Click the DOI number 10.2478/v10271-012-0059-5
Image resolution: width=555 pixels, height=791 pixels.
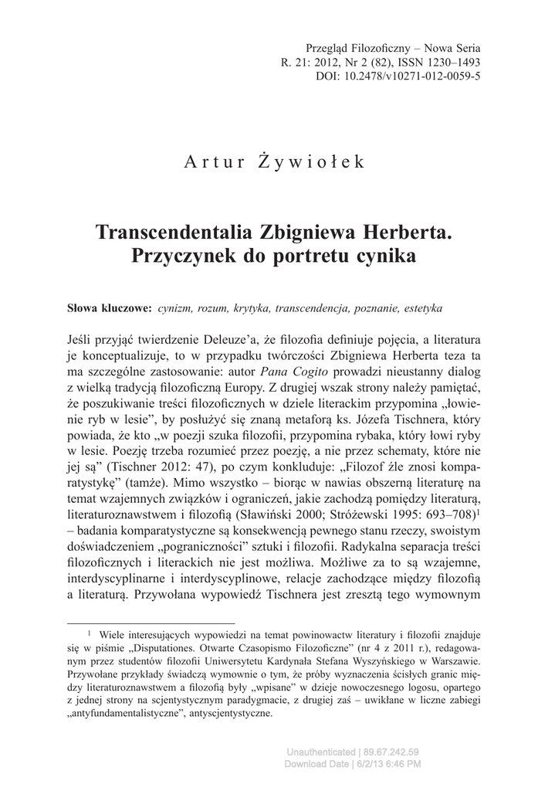(x=421, y=77)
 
